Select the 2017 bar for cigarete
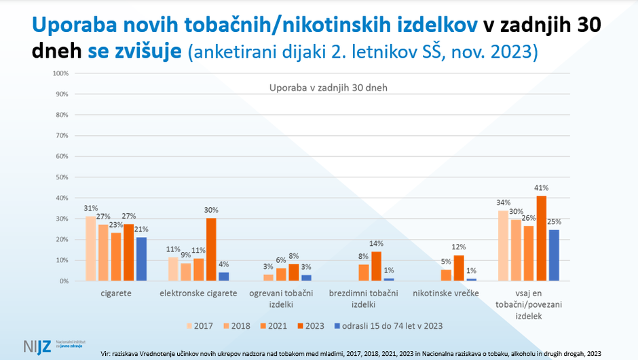(x=90, y=249)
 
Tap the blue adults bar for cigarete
(x=141, y=259)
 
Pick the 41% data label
(x=541, y=188)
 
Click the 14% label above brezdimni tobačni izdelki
(x=377, y=243)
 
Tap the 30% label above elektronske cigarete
(x=212, y=211)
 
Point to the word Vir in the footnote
(x=105, y=353)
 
